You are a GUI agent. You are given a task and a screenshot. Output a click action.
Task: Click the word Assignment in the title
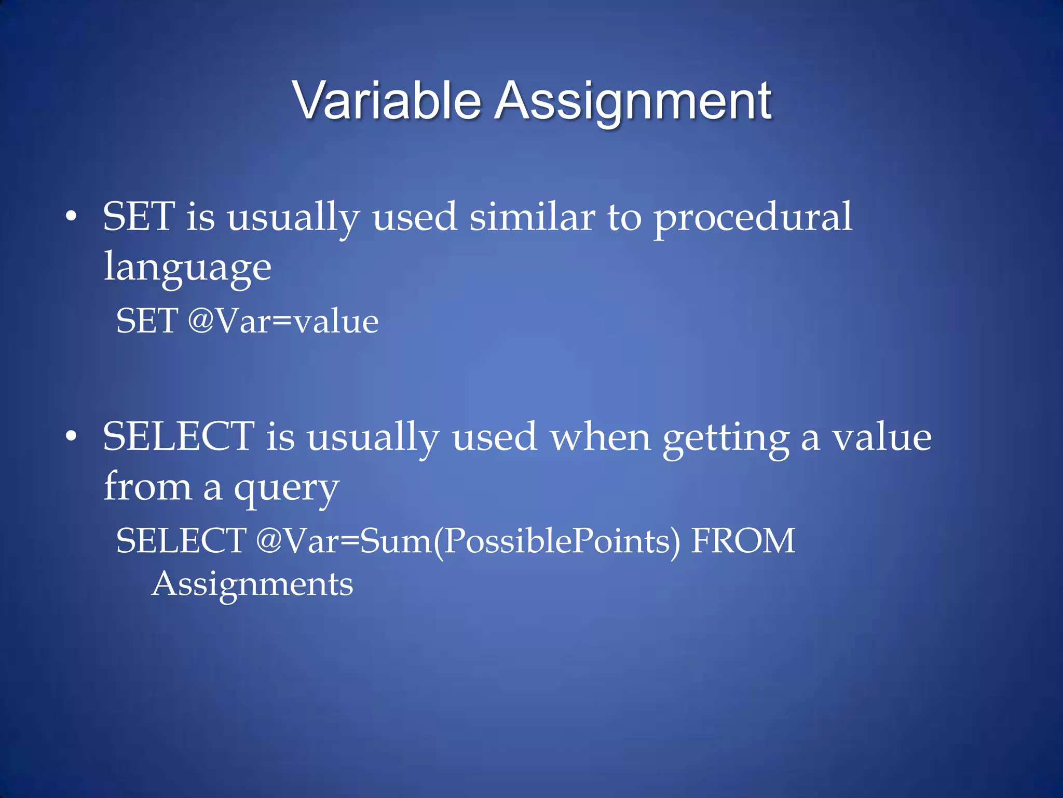[x=633, y=102]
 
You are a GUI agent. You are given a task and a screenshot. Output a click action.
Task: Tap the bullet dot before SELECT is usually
[x=71, y=436]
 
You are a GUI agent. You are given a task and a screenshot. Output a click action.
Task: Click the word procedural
[x=753, y=218]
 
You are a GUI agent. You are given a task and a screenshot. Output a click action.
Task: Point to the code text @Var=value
[x=283, y=321]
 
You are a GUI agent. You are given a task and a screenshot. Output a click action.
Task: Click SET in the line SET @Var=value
[x=147, y=321]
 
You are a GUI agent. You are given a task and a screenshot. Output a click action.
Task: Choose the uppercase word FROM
[x=743, y=541]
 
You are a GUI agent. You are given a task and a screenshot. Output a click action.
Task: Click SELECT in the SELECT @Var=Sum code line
[x=181, y=541]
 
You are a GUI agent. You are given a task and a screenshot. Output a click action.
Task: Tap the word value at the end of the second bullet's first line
[x=882, y=437]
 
